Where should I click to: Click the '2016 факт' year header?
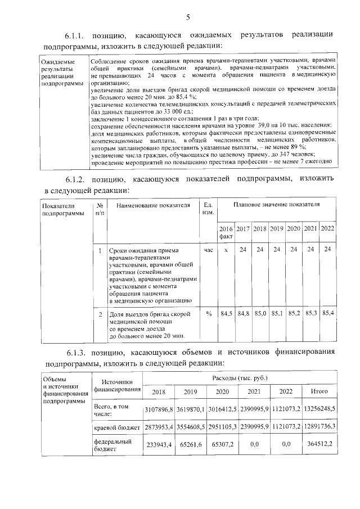(x=225, y=233)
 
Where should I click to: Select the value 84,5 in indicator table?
(x=226, y=313)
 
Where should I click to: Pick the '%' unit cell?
(x=208, y=313)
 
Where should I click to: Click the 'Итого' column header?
(x=327, y=391)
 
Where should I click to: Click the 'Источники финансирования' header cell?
(x=117, y=386)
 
